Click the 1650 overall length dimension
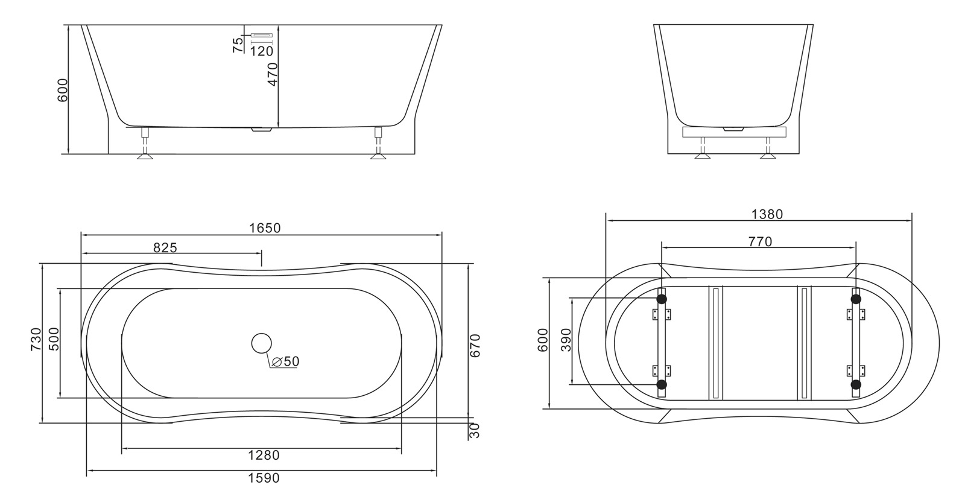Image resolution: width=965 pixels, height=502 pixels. tap(265, 228)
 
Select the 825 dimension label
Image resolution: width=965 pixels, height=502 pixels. tap(165, 247)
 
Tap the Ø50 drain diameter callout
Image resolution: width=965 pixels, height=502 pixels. tap(285, 361)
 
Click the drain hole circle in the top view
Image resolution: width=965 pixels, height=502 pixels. tap(262, 343)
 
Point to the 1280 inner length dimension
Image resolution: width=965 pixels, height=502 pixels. tap(264, 456)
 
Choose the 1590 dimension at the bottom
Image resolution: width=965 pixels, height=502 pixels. tap(264, 478)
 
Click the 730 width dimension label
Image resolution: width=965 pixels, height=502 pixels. tap(36, 340)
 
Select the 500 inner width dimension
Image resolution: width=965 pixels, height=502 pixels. tap(53, 340)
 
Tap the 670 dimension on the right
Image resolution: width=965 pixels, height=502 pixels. tap(476, 345)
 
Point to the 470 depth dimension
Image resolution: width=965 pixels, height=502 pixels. tap(273, 74)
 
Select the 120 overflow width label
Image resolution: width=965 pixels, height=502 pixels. tap(261, 52)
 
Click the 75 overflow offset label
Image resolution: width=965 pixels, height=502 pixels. tap(238, 45)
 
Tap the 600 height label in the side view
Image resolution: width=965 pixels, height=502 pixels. tap(63, 90)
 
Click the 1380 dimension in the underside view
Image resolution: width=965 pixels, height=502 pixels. tap(767, 214)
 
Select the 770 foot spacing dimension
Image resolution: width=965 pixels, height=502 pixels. tap(760, 242)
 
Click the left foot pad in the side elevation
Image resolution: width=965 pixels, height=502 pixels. tap(145, 156)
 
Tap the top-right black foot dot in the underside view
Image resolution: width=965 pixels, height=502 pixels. tap(855, 299)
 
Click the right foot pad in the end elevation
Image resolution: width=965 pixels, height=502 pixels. tap(768, 156)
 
